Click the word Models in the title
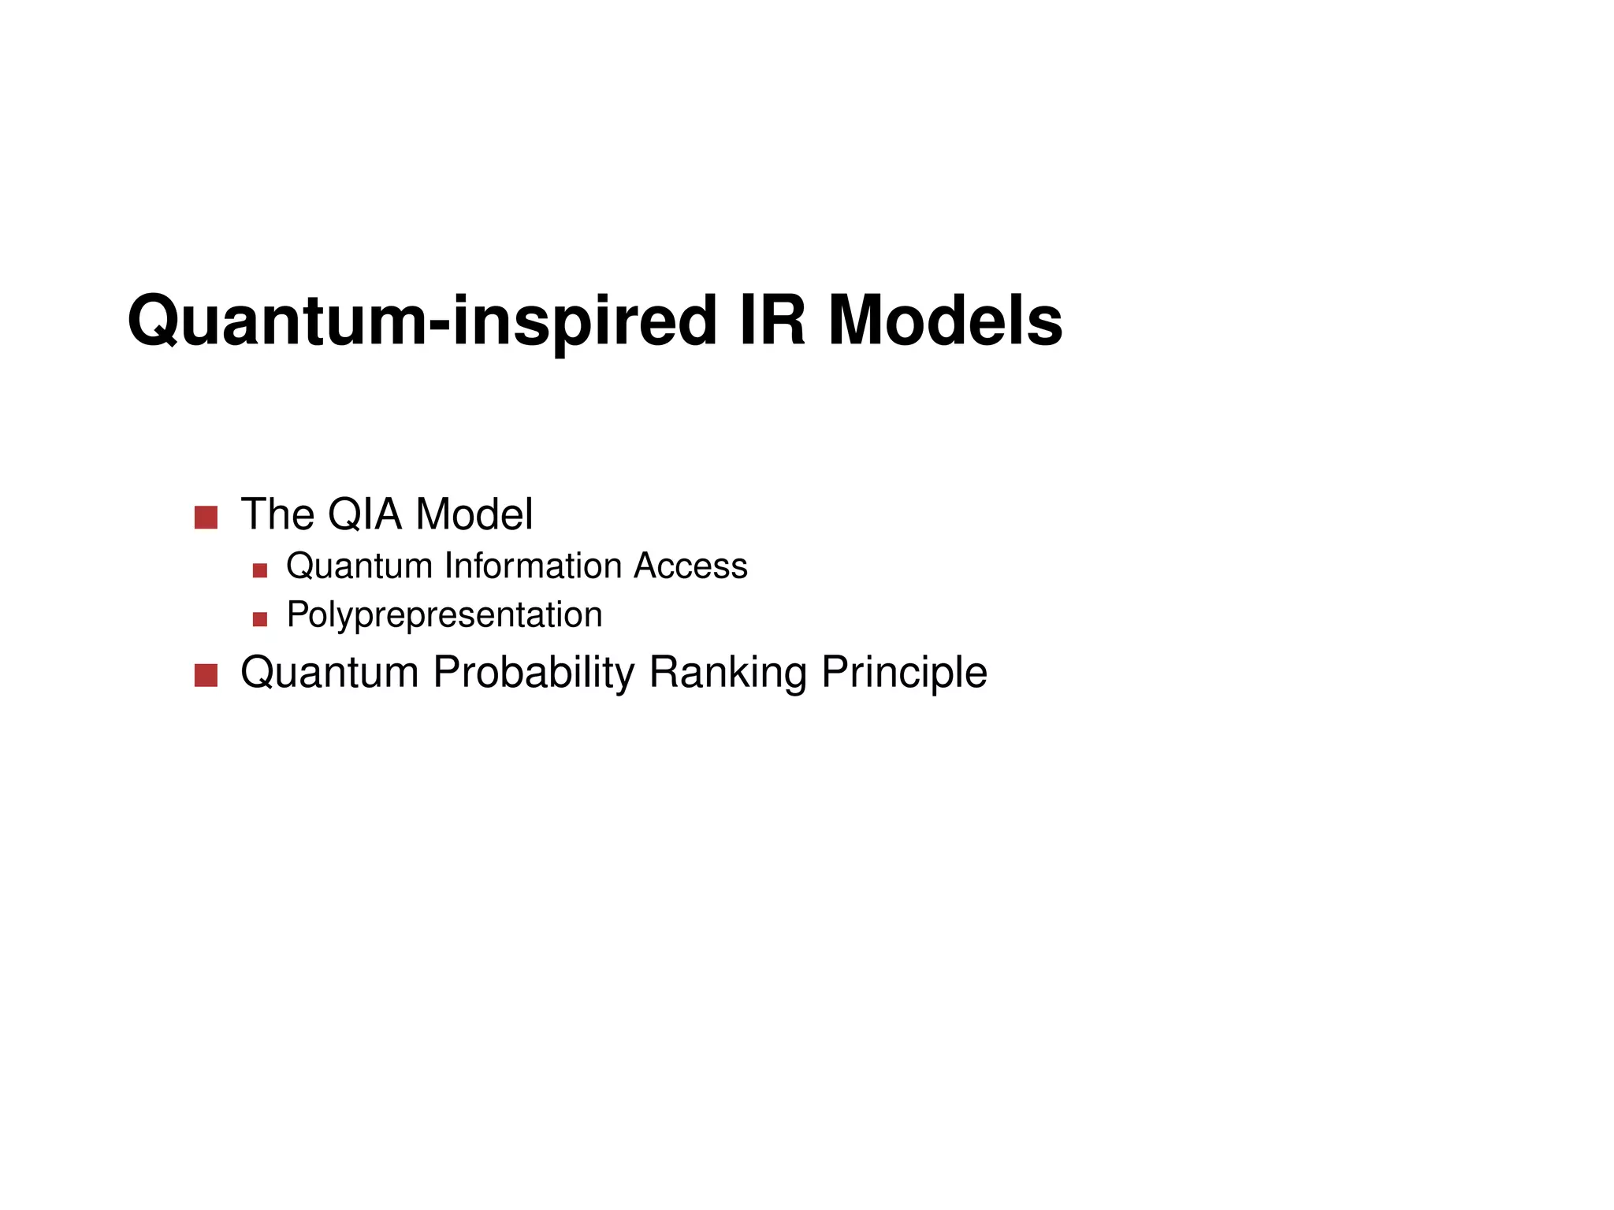pyautogui.click(x=945, y=320)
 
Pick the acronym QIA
pyautogui.click(x=365, y=514)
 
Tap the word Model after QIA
pyautogui.click(x=474, y=514)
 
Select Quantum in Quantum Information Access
pyautogui.click(x=359, y=566)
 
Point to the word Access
pyautogui.click(x=691, y=566)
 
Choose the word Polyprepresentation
pyautogui.click(x=444, y=615)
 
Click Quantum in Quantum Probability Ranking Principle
pyautogui.click(x=329, y=673)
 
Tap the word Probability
pyautogui.click(x=534, y=673)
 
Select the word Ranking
pyautogui.click(x=727, y=673)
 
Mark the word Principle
pyautogui.click(x=904, y=673)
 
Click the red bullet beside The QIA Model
pyautogui.click(x=206, y=518)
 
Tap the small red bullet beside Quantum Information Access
pyautogui.click(x=260, y=570)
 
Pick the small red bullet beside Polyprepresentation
pyautogui.click(x=260, y=619)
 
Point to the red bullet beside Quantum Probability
pyautogui.click(x=206, y=676)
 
